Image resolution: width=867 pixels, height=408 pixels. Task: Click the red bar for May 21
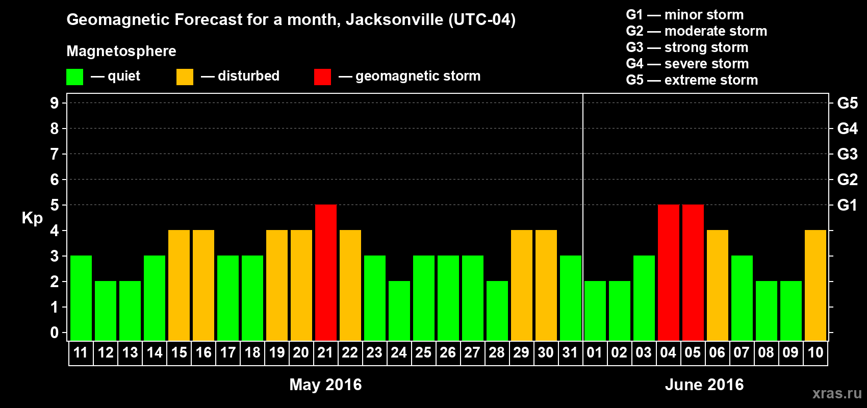(x=325, y=272)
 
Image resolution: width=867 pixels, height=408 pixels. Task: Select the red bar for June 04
(x=668, y=272)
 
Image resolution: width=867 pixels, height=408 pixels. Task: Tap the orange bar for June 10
(x=815, y=285)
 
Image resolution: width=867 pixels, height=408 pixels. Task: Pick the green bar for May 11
(x=81, y=298)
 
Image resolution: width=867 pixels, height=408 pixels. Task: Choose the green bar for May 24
(x=399, y=311)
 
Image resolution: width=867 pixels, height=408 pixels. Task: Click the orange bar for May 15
(x=179, y=285)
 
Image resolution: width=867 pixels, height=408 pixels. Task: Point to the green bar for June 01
(x=595, y=311)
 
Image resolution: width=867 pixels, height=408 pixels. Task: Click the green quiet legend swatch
(x=75, y=77)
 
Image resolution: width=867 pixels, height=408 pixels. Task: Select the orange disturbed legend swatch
(x=185, y=77)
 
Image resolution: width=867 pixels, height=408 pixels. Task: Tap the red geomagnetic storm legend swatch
(x=322, y=77)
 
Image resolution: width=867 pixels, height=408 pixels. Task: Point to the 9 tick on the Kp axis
(x=55, y=103)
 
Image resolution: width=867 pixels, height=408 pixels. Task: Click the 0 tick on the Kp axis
(x=55, y=333)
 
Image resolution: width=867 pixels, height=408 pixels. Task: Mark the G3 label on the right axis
(x=847, y=154)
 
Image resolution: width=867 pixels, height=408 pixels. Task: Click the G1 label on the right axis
(x=847, y=205)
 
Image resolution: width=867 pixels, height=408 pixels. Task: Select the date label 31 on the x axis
(x=570, y=352)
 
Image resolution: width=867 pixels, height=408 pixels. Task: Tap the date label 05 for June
(x=693, y=352)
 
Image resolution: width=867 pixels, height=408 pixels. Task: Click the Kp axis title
(x=32, y=218)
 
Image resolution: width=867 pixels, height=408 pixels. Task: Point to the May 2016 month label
(x=325, y=385)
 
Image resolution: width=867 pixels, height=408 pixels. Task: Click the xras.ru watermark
(x=837, y=393)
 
